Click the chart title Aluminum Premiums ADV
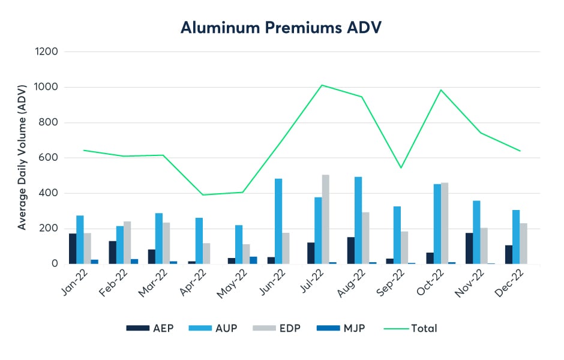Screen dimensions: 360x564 [x=282, y=28]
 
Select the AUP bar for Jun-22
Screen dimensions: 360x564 [x=278, y=221]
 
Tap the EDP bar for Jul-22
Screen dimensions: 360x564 [x=326, y=220]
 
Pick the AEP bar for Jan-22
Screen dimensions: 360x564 [x=73, y=248]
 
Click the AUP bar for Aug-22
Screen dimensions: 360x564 [x=358, y=220]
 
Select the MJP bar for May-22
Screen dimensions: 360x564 [x=253, y=260]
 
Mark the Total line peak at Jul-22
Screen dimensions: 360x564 [x=322, y=85]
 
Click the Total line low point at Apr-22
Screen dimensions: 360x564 [x=203, y=194]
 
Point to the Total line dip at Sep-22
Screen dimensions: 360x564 [x=401, y=167]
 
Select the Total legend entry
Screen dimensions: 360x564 [x=413, y=328]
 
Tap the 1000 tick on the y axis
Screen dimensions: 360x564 [x=47, y=88]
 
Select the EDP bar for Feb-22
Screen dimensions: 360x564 [x=127, y=242]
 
